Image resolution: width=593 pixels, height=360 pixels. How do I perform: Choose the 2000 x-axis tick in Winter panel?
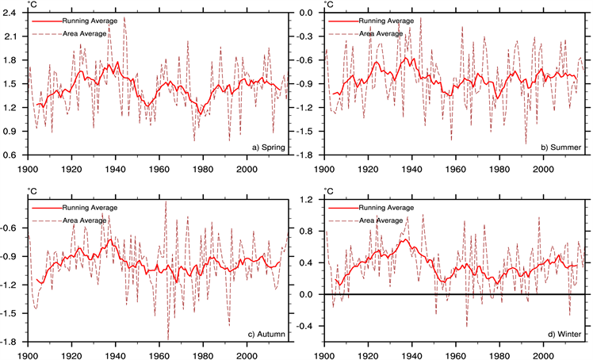(543, 351)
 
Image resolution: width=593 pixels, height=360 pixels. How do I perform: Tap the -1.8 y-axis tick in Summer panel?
(310, 155)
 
